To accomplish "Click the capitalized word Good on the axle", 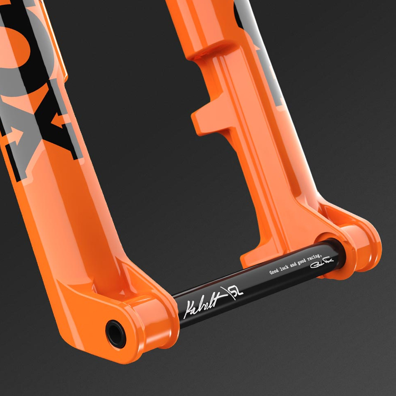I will point(274,271).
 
